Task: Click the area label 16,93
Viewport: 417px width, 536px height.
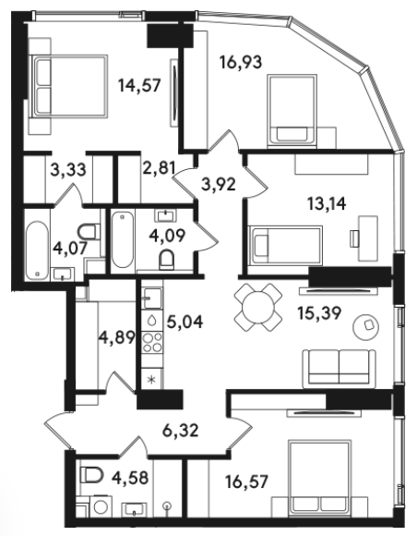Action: (242, 62)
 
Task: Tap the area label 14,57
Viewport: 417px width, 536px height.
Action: (139, 85)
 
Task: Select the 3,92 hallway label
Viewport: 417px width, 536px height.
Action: (219, 184)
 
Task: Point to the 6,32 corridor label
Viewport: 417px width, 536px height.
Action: (180, 430)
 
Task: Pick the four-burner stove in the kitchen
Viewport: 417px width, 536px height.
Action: (152, 343)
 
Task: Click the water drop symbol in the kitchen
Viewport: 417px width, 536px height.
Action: (152, 321)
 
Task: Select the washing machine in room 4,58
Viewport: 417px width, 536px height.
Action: (100, 506)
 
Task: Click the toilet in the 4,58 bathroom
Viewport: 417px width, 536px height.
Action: (91, 474)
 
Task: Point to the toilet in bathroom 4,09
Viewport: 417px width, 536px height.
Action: (167, 260)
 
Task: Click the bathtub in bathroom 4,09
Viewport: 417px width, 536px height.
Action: (123, 239)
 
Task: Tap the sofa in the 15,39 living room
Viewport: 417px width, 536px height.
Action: (339, 369)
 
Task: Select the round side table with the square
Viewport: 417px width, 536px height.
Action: (365, 327)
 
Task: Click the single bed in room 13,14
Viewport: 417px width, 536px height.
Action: (286, 245)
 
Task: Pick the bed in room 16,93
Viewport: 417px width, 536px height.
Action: (292, 111)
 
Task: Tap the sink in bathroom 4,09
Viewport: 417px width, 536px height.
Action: (166, 215)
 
